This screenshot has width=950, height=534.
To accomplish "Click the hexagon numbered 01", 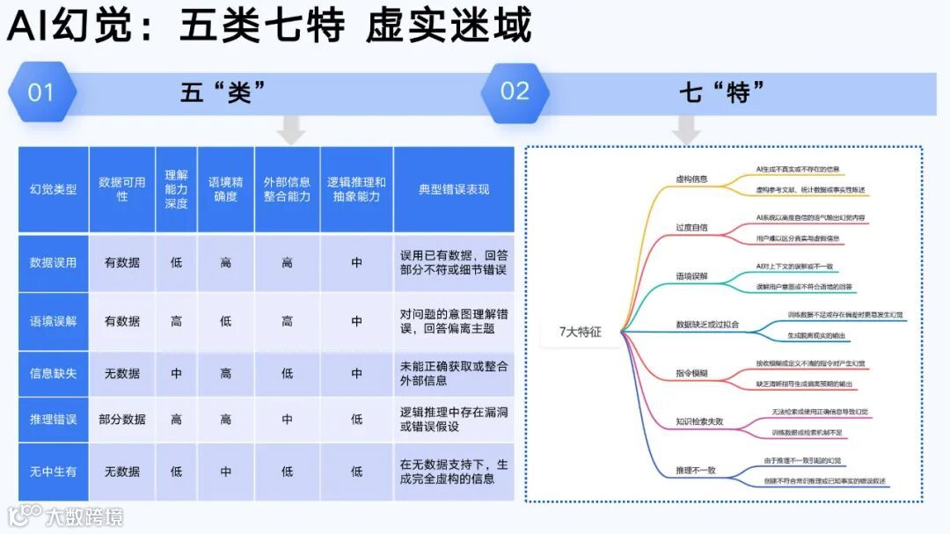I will click(41, 92).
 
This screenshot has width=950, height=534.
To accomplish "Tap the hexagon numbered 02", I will click(515, 91).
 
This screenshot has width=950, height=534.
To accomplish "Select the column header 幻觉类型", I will click(54, 189).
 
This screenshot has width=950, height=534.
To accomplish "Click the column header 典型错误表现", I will click(454, 189).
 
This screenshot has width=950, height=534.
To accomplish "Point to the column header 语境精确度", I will click(225, 189).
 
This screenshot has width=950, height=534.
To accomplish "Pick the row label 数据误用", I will click(54, 262).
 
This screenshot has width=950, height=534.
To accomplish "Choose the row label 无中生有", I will click(54, 472).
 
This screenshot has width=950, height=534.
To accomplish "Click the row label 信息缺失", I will click(54, 373).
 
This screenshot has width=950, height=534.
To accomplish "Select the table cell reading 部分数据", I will click(122, 420).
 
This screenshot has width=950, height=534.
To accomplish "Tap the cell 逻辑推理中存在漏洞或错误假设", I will click(454, 420).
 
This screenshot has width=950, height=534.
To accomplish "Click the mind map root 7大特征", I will click(581, 332).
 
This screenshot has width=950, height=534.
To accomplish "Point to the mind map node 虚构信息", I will click(691, 179).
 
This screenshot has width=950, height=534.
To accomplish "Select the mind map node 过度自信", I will click(691, 227).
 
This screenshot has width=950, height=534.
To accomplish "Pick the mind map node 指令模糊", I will click(691, 373).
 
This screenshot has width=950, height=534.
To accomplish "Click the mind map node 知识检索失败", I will click(699, 421).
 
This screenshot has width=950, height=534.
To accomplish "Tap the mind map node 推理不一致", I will click(695, 470).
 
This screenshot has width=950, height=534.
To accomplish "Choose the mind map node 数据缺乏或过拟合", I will click(707, 324).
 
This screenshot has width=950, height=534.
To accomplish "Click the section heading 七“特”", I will click(721, 91).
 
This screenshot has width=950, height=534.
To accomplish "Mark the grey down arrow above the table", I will click(290, 132).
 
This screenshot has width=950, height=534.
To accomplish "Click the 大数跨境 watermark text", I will click(84, 516).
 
